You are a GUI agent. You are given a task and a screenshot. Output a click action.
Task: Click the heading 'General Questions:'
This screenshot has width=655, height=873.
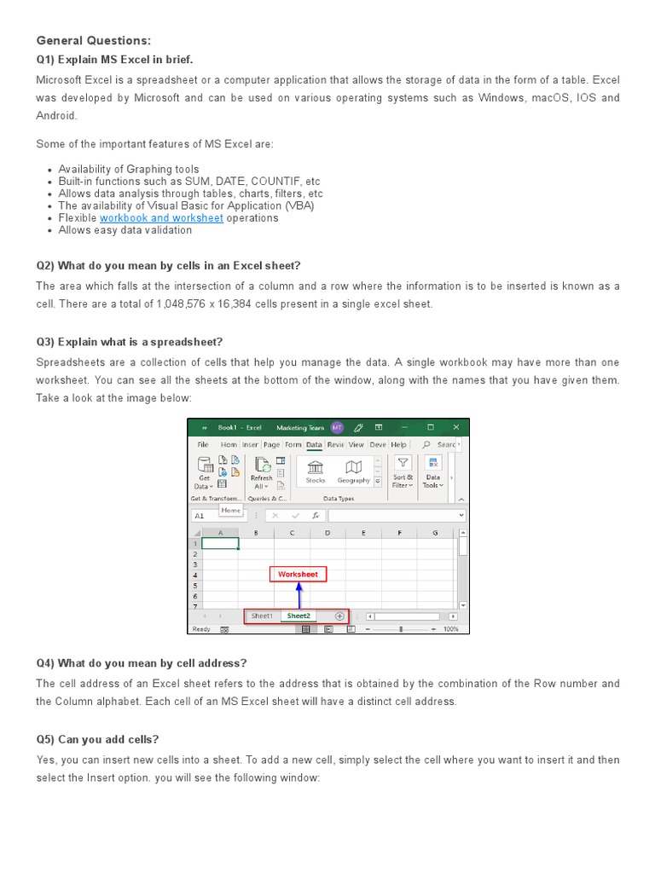point(93,40)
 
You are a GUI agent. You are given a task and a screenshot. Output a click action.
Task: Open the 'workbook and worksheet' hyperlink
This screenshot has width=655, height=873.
point(161,218)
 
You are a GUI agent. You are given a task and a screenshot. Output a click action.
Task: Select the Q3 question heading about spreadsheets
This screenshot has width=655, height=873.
point(130,342)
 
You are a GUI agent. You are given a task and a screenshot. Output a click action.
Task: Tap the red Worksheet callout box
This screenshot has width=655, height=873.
point(298,575)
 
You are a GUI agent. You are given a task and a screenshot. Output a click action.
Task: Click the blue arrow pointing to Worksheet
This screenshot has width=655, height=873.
point(299,595)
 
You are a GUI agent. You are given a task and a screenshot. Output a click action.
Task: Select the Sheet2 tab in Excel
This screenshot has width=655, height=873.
point(299,616)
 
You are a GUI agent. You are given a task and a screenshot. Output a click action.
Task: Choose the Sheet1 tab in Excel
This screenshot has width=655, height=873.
point(262,616)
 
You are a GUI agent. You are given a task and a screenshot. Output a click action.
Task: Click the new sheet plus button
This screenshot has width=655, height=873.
point(339,616)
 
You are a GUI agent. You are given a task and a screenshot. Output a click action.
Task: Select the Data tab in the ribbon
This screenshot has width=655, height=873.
point(314,444)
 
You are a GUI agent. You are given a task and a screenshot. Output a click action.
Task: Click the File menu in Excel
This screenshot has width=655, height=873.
point(203,444)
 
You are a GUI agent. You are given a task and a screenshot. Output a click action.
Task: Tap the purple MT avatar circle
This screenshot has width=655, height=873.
point(337,427)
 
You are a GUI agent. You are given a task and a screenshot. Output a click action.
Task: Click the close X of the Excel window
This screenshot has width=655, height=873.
point(456,427)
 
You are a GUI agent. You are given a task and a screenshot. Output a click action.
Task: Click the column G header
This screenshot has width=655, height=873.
point(434,533)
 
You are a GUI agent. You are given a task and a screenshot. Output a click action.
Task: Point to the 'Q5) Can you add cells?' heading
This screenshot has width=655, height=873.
point(97,739)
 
